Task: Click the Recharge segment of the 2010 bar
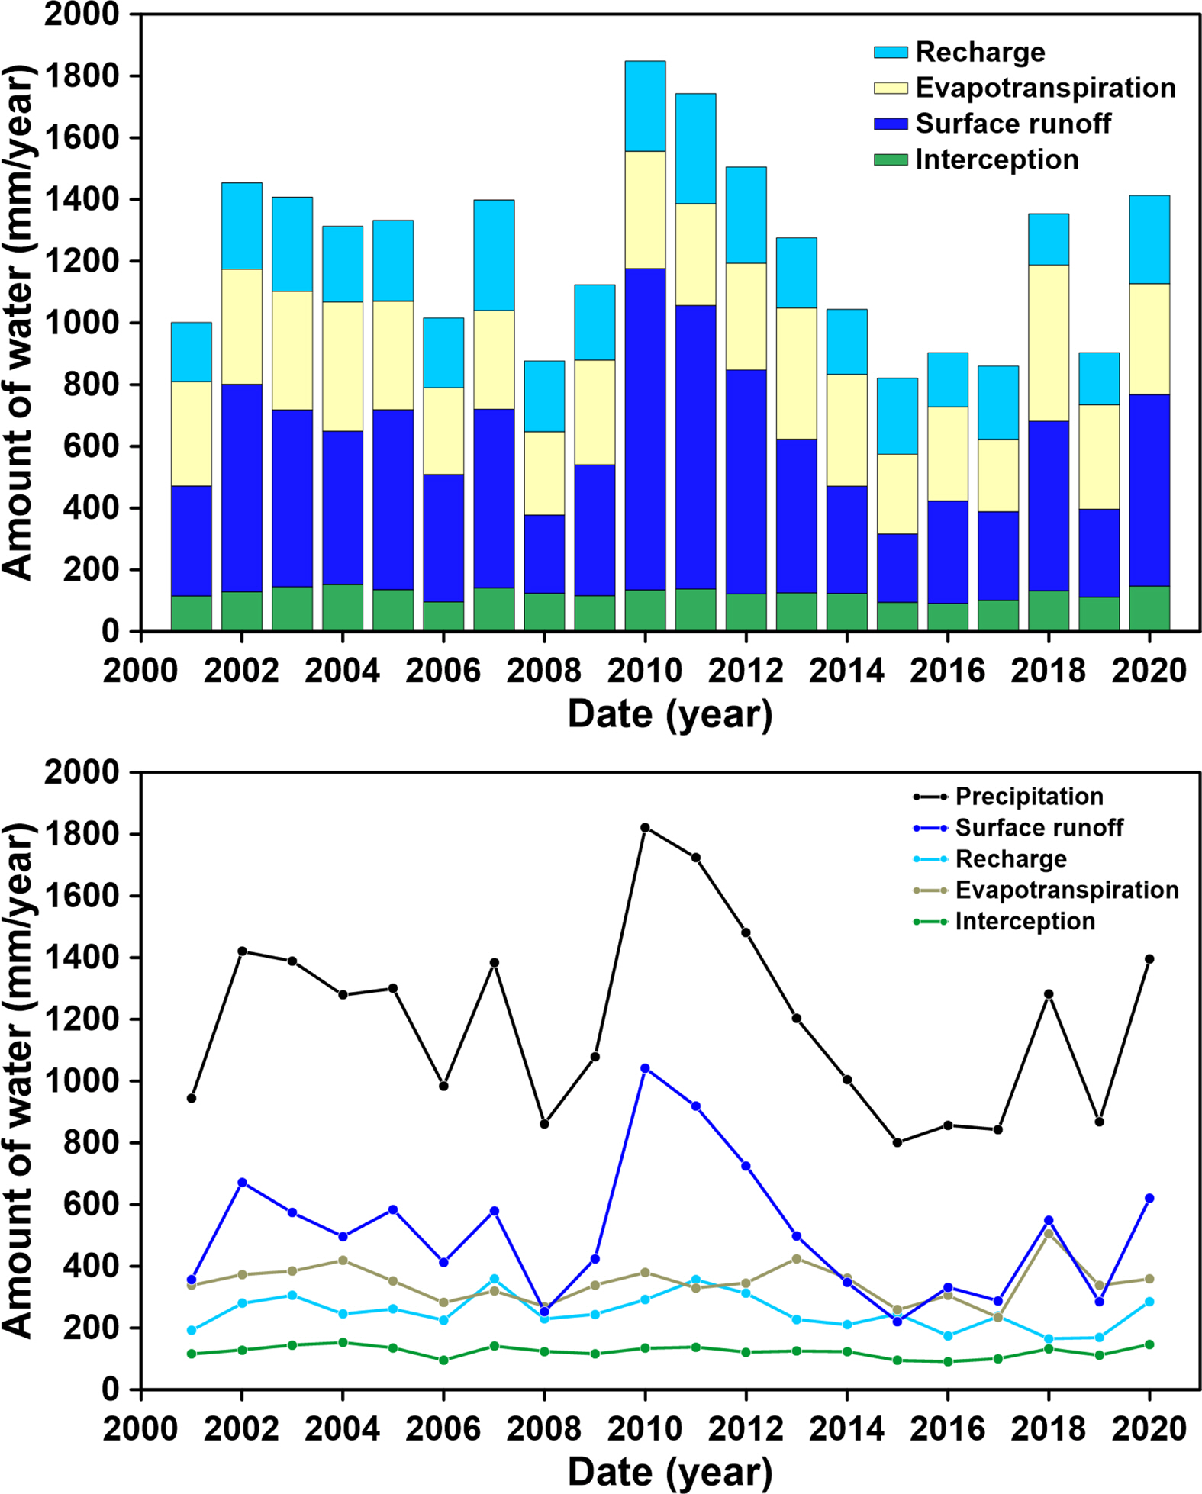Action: coord(645,106)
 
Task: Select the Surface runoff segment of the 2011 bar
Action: coord(695,447)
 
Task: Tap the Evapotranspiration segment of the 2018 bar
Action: coord(1049,343)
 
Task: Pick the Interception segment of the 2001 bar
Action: coord(191,613)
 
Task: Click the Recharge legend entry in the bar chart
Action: coord(980,52)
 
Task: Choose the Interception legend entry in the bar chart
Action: coord(996,159)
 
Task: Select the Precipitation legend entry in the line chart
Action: coord(1029,797)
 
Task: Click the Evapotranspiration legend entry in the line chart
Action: coord(1066,890)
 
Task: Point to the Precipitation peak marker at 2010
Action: coord(645,827)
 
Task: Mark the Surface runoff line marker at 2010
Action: coord(645,1068)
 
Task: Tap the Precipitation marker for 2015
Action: coord(897,1142)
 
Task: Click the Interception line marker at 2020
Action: coord(1149,1344)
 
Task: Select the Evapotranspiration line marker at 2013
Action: coord(797,1258)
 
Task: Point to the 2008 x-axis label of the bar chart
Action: coord(544,671)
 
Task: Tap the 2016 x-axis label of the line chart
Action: coord(947,1428)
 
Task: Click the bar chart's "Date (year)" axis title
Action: coord(670,715)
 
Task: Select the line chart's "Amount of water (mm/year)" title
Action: coord(19,1080)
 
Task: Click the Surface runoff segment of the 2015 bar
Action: coord(897,568)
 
